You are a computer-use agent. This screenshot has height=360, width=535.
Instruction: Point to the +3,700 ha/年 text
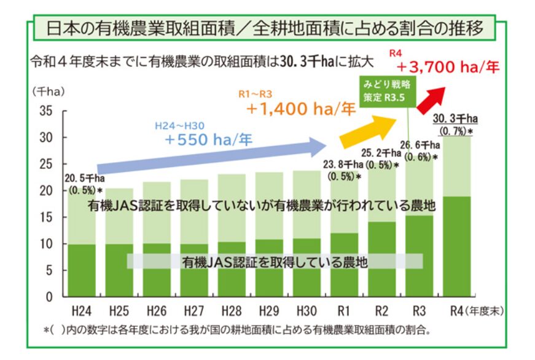(447, 66)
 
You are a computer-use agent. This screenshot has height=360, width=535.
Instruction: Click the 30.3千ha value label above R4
(456, 119)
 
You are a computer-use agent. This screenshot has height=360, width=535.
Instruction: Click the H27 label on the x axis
(195, 310)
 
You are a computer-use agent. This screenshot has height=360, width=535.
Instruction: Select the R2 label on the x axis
(382, 310)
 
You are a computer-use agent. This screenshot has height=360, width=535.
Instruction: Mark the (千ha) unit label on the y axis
(47, 92)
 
